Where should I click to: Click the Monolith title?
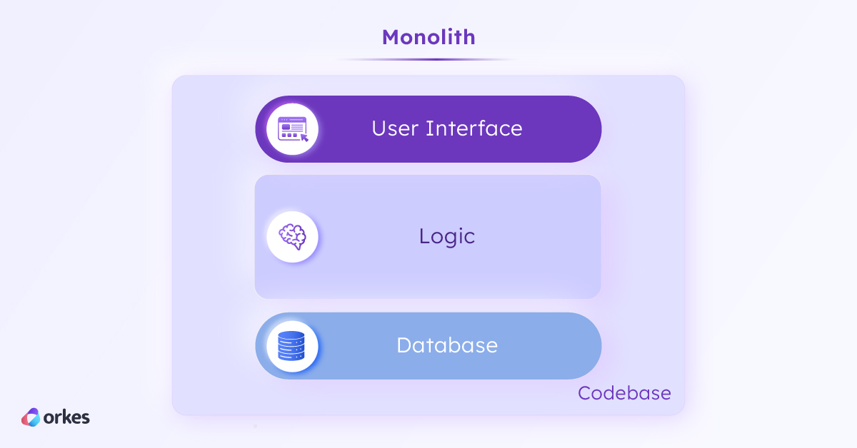428,37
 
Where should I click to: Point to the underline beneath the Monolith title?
428,59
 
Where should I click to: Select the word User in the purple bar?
395,128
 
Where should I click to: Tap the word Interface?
474,128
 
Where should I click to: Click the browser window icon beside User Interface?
292,129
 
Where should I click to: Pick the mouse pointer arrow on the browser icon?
304,137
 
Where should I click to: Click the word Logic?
447,236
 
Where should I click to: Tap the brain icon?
292,236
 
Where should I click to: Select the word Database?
447,345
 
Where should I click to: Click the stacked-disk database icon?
292,346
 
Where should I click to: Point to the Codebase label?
624,393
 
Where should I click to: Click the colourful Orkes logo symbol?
31,417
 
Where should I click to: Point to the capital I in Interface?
428,128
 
